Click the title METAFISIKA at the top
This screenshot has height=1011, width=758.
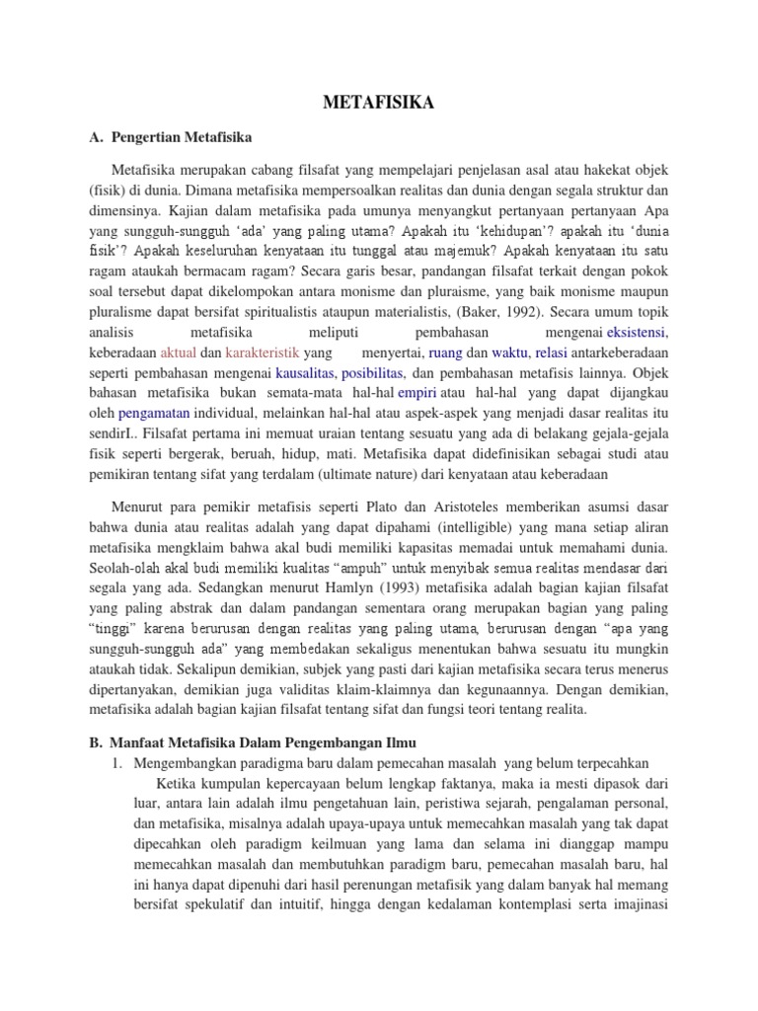[x=378, y=102]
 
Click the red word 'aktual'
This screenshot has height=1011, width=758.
[x=179, y=352]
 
